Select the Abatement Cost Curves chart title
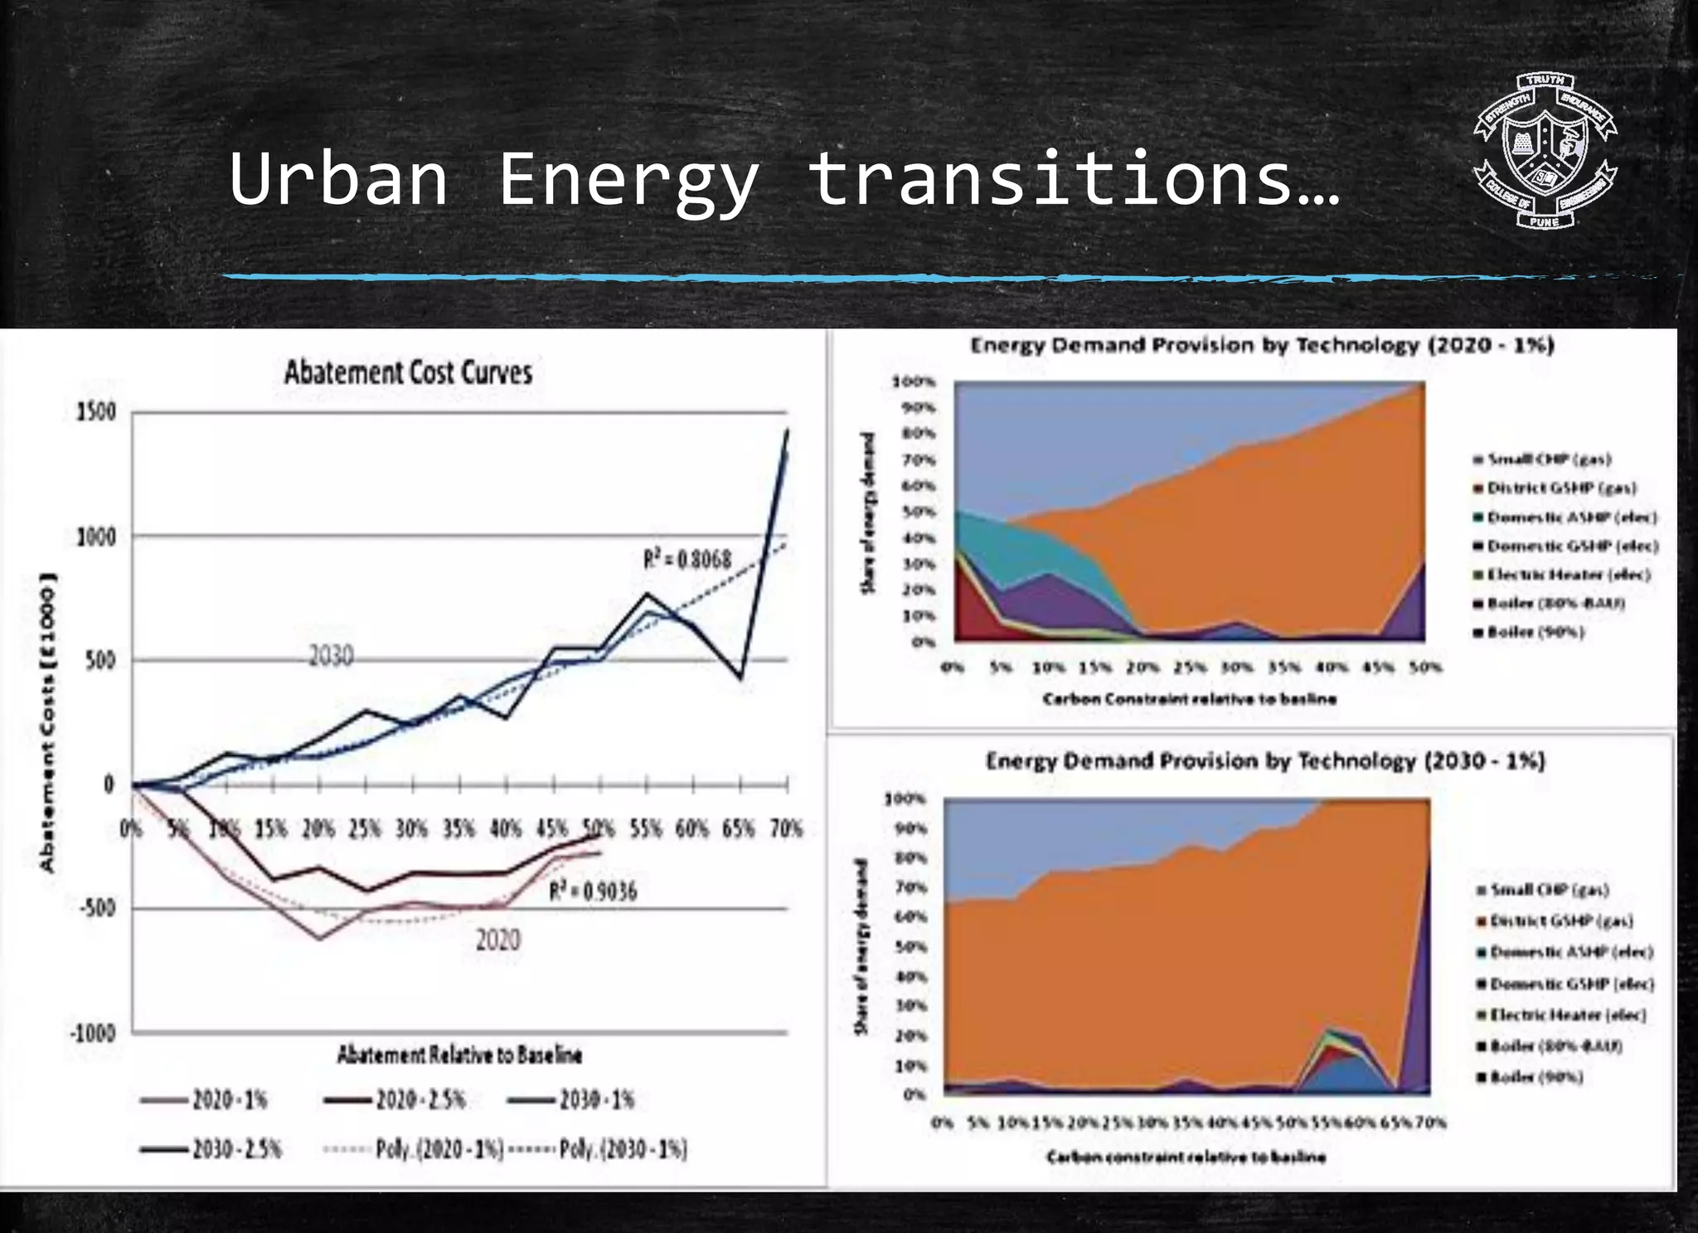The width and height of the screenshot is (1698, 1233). click(408, 372)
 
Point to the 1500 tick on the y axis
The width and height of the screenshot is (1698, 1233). click(96, 412)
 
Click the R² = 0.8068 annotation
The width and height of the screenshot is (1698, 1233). click(687, 560)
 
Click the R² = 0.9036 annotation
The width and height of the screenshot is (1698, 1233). click(593, 891)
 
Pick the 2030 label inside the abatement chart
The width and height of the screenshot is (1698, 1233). click(331, 657)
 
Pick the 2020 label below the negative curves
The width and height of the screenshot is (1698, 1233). click(497, 940)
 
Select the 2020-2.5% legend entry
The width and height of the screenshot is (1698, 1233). click(395, 1100)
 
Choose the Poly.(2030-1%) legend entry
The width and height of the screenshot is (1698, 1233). click(598, 1149)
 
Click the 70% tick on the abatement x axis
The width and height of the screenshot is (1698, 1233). click(786, 828)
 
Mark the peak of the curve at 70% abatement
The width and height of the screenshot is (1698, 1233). click(787, 430)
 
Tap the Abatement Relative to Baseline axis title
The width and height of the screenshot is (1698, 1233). click(459, 1055)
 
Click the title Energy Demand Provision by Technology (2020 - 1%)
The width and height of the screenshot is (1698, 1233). click(1262, 346)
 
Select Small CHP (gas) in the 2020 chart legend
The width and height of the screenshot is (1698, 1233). click(1549, 459)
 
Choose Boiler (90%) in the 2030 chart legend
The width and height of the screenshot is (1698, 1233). click(1536, 1077)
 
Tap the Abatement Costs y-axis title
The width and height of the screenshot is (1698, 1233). click(48, 721)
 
